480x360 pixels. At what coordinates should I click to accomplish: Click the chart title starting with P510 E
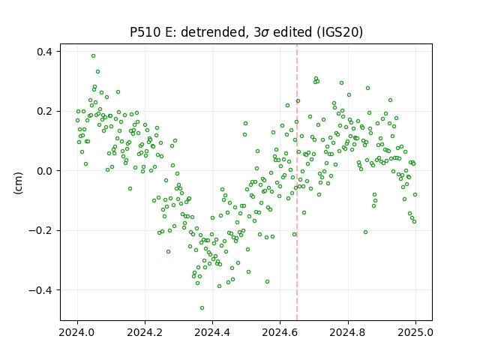tap(247, 31)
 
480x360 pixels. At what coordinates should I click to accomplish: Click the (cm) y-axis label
tap(18, 183)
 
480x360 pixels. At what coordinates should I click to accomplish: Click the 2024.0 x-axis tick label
tap(77, 332)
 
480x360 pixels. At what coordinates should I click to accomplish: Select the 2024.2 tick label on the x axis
tap(145, 332)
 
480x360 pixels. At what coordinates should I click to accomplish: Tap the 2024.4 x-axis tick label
tap(212, 332)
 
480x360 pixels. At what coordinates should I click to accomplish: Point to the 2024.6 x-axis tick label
tap(280, 332)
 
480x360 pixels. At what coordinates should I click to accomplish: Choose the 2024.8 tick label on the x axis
tap(348, 332)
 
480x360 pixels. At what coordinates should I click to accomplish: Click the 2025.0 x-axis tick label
tap(415, 332)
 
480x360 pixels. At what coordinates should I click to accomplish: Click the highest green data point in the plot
tap(93, 56)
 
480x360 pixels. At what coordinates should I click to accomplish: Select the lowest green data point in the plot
tap(202, 308)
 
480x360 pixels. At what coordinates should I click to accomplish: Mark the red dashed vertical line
tap(297, 182)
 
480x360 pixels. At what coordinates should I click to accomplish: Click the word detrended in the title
tap(214, 31)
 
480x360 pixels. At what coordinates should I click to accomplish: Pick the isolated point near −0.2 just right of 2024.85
tap(365, 232)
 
